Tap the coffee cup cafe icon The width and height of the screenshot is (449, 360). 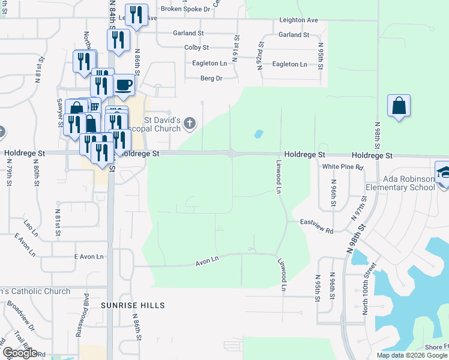tap(124, 85)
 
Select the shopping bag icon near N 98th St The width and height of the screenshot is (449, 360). tap(399, 106)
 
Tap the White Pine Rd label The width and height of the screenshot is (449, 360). tap(343, 167)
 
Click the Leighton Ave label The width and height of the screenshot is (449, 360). tap(298, 20)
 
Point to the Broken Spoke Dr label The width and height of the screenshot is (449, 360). tap(185, 9)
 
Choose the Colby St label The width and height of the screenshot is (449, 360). tap(196, 47)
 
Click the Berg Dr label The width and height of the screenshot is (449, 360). tap(211, 78)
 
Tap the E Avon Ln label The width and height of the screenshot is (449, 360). tap(89, 257)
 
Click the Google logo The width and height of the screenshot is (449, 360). tap(20, 353)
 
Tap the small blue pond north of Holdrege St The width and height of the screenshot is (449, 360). tap(259, 134)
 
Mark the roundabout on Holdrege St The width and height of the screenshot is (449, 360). tap(232, 154)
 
